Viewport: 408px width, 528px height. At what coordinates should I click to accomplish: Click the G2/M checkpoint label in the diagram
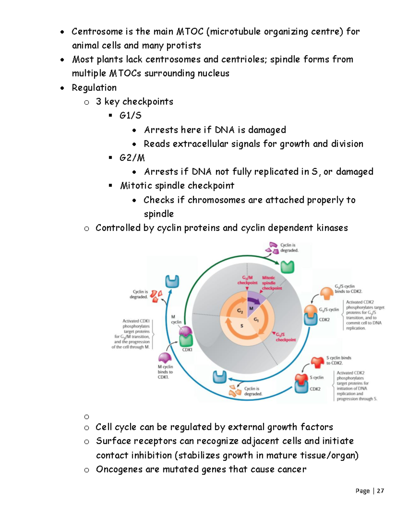247,280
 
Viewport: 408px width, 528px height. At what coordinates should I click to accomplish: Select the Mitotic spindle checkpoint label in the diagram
271,283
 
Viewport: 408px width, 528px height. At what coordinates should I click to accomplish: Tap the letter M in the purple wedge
251,308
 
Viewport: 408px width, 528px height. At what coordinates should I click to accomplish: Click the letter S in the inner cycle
242,326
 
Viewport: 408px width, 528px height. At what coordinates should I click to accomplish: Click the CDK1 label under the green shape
187,350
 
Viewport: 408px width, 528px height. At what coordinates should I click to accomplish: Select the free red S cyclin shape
318,362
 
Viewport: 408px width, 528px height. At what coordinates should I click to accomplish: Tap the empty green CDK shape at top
287,267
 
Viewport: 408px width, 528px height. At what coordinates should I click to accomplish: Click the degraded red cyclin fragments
156,296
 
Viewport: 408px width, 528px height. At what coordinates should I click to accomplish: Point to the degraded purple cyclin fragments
272,248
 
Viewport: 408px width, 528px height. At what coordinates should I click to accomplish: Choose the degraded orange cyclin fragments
235,391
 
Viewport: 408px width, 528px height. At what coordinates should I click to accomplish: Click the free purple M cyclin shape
165,358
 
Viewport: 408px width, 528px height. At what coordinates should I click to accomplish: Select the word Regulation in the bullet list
94,88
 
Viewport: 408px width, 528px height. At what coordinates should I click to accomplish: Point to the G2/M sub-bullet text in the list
132,158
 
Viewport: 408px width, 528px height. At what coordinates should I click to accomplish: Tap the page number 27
380,491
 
